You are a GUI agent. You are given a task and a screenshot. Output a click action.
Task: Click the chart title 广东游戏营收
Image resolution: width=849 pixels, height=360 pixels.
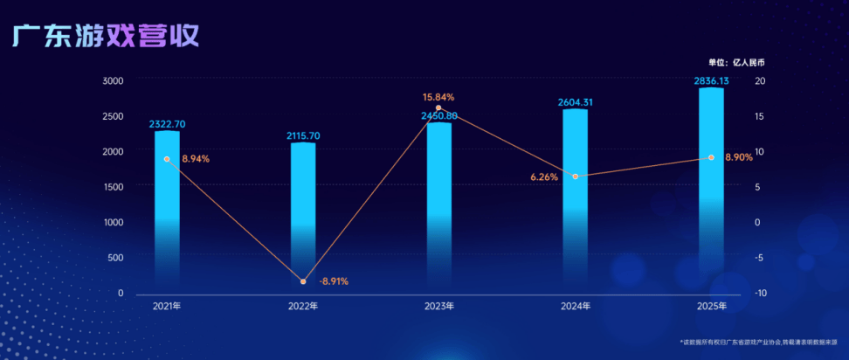(106, 36)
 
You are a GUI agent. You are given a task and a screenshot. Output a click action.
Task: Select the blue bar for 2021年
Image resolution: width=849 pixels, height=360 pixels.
(167, 210)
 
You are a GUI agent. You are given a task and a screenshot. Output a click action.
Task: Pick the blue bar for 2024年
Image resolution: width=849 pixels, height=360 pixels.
(575, 201)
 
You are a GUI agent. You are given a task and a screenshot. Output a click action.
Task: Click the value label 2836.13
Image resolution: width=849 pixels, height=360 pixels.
(711, 81)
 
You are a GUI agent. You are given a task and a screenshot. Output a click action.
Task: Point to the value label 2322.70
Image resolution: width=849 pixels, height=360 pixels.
(167, 125)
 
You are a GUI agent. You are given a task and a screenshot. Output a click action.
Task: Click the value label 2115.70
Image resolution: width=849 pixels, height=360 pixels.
(303, 135)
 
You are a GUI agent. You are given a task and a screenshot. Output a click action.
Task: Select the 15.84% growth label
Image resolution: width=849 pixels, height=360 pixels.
(438, 97)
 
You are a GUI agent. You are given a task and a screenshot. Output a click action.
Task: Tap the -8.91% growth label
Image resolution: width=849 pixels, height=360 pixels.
(334, 281)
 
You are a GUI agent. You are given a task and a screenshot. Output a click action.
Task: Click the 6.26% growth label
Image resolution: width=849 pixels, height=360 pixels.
(544, 177)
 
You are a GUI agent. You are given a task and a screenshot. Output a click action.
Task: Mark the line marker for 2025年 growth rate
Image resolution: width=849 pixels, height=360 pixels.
(711, 157)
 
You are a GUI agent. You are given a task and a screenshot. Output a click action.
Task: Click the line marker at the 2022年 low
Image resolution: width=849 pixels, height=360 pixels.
(303, 281)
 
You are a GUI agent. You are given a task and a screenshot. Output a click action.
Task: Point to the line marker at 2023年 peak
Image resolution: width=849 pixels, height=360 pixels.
(438, 107)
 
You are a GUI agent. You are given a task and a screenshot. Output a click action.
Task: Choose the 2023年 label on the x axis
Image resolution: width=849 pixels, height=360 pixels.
(438, 307)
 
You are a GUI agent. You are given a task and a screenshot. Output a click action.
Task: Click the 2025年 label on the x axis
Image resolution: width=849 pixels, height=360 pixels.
(711, 307)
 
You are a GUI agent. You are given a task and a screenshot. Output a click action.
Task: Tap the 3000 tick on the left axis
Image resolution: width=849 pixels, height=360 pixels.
(113, 80)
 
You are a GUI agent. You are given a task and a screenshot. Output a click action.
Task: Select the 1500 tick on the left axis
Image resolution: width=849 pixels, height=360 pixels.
(113, 187)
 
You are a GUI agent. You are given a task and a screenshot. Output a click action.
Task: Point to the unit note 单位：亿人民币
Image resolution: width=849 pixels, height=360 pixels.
(742, 62)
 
